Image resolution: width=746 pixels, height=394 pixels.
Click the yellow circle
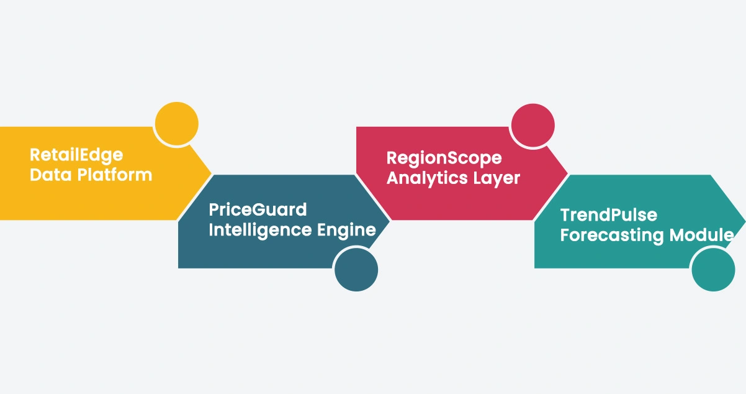pyautogui.click(x=177, y=124)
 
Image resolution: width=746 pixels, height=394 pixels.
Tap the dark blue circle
pyautogui.click(x=356, y=270)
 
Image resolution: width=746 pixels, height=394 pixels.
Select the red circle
pyautogui.click(x=533, y=126)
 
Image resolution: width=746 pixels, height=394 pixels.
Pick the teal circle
pyautogui.click(x=713, y=270)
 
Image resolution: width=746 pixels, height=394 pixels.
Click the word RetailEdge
pyautogui.click(x=76, y=155)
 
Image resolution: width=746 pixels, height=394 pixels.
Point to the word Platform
pyautogui.click(x=115, y=175)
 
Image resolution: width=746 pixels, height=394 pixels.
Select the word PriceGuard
pyautogui.click(x=258, y=210)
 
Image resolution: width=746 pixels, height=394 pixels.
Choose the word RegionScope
pyautogui.click(x=444, y=158)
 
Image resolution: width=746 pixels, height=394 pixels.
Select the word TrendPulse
pyautogui.click(x=609, y=215)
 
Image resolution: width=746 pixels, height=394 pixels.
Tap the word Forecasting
pyautogui.click(x=612, y=236)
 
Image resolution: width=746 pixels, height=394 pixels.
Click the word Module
pyautogui.click(x=701, y=235)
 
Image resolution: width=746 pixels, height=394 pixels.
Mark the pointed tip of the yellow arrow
pyautogui.click(x=212, y=173)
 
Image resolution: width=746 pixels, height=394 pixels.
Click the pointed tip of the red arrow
pyautogui.click(x=567, y=173)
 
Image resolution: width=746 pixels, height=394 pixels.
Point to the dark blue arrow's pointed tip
pyautogui.click(x=390, y=220)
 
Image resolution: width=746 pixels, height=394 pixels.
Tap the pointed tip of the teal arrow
pyautogui.click(x=745, y=221)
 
